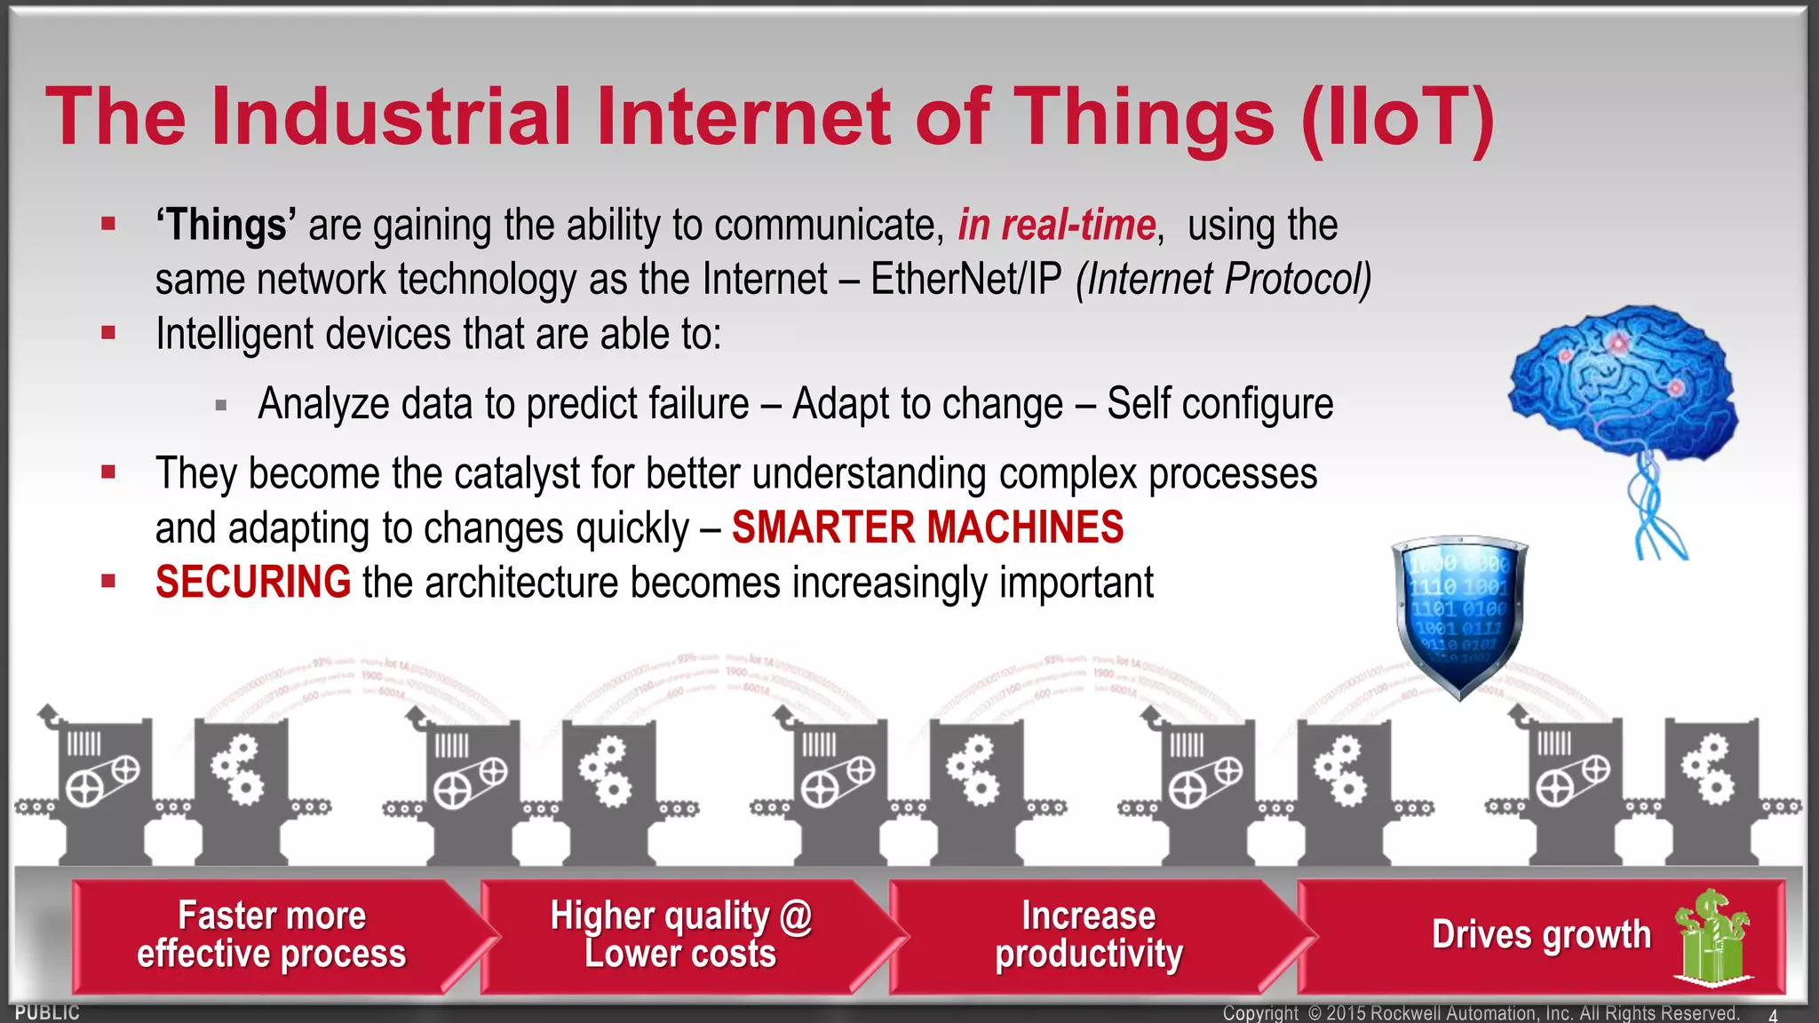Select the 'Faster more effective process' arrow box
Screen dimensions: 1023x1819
(271, 935)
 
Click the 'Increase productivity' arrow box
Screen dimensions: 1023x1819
(1088, 935)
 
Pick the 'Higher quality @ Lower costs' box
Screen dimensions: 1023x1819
(680, 935)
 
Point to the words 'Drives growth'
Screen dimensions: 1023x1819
(1541, 935)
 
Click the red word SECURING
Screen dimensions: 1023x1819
(253, 583)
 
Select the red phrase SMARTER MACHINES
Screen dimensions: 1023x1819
(927, 527)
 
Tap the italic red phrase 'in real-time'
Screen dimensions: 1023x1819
(1056, 225)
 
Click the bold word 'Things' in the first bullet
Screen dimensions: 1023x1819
(226, 225)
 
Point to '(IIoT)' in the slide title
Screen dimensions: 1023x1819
(1398, 117)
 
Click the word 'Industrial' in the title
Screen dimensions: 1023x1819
(391, 117)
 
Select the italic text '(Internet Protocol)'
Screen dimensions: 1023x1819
(1223, 279)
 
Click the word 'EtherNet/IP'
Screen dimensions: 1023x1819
(965, 279)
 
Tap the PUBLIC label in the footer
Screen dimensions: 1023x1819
(47, 1012)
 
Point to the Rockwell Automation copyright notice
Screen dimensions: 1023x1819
(1480, 1013)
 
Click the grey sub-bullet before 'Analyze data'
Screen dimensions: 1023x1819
(221, 407)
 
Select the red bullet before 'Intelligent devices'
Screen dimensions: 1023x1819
(108, 334)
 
